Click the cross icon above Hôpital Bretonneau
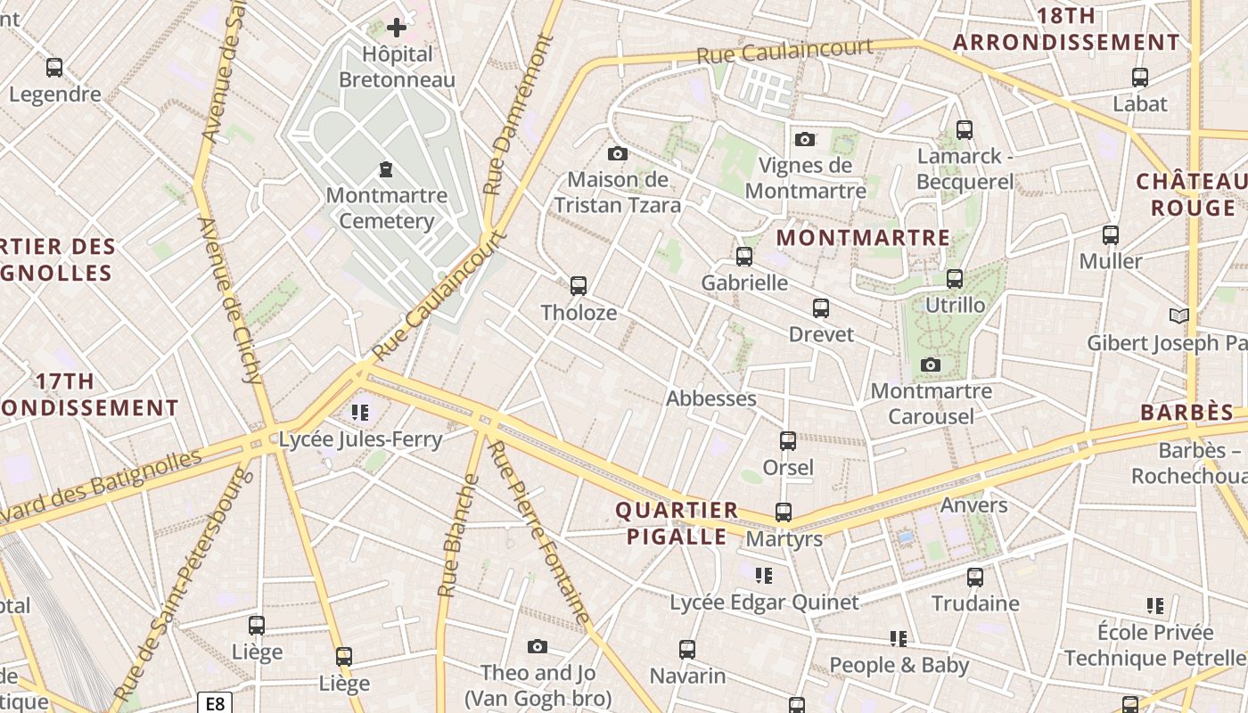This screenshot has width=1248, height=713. [397, 29]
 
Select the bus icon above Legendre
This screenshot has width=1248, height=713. [54, 68]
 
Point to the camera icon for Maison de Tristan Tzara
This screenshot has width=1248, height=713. [617, 154]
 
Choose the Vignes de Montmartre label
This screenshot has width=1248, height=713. [805, 178]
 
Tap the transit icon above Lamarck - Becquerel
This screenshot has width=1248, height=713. [964, 130]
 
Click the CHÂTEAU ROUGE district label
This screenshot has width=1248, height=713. [1192, 195]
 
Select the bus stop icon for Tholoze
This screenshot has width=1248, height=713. [579, 286]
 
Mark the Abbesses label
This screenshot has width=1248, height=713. [711, 398]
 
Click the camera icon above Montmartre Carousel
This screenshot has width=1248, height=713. [931, 365]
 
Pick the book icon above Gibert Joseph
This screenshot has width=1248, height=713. [1178, 316]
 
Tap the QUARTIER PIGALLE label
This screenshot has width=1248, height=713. [677, 523]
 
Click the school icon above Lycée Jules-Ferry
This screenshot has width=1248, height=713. [360, 412]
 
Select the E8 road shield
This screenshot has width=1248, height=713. [215, 703]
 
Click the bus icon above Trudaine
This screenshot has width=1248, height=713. [975, 578]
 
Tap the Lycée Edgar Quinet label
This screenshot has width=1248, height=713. [764, 602]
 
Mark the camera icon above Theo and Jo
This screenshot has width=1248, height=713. [537, 647]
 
